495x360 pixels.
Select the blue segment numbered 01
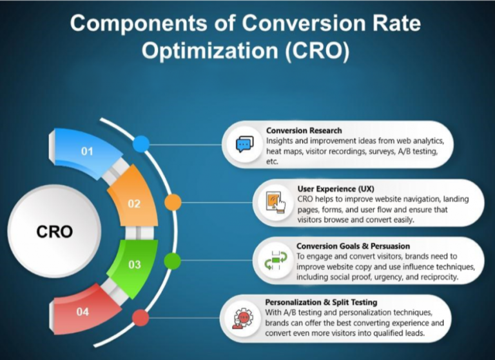(87, 152)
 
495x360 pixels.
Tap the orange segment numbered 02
(133, 203)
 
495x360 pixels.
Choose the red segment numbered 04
(82, 312)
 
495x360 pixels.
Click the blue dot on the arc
(141, 143)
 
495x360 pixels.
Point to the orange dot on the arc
(172, 202)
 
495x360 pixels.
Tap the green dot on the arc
(172, 261)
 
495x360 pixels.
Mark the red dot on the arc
(141, 318)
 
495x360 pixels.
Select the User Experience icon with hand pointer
(277, 202)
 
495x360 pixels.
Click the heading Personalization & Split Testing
(321, 301)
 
